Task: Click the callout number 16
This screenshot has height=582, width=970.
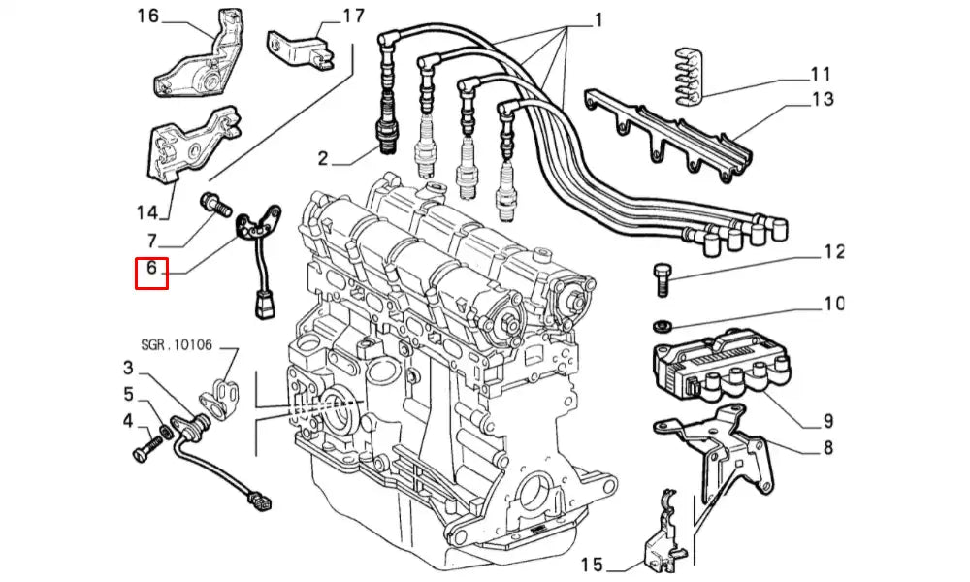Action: point(148,16)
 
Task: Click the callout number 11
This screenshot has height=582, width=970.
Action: point(821,74)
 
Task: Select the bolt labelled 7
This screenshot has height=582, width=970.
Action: point(212,204)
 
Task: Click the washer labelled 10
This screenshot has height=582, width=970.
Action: point(663,324)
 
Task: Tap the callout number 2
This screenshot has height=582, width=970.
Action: point(324,157)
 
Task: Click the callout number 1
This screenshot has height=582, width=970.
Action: point(598,18)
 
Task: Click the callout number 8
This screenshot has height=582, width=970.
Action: point(828,448)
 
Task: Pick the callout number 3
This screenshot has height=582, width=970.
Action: point(128,368)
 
